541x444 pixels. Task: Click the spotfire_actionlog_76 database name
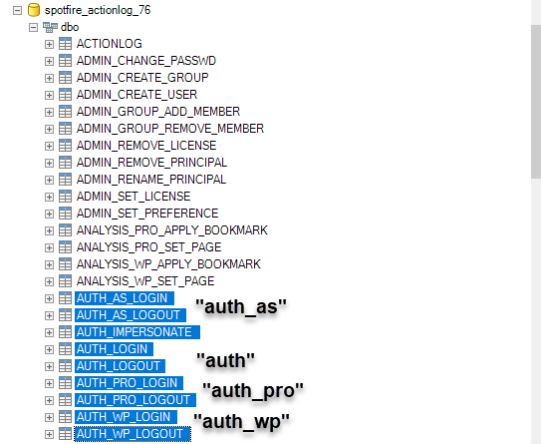point(98,10)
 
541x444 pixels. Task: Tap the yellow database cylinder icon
point(34,10)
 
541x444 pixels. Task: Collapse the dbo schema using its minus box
point(33,27)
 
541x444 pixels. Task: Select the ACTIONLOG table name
point(109,44)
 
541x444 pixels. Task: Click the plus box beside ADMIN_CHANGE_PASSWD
point(49,61)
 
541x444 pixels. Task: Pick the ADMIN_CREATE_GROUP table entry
point(142,78)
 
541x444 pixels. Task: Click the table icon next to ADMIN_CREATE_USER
point(65,95)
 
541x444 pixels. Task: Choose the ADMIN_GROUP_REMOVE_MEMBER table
point(170,128)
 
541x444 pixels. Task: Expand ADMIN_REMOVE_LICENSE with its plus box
point(49,146)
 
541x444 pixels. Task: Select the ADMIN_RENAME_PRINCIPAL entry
point(151,179)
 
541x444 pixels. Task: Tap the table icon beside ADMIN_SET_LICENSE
point(65,196)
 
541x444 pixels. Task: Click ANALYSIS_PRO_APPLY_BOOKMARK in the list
point(171,229)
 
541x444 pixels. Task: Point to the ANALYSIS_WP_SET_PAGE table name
point(145,280)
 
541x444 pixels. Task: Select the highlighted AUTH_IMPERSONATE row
point(137,332)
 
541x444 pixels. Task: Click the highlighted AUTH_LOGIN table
point(114,349)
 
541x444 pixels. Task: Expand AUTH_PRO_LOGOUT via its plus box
point(49,400)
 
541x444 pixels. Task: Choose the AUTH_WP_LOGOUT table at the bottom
point(133,434)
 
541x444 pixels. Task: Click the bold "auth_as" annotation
point(241,307)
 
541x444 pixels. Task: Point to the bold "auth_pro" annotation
point(253,391)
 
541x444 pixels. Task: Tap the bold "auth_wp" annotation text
point(241,421)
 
